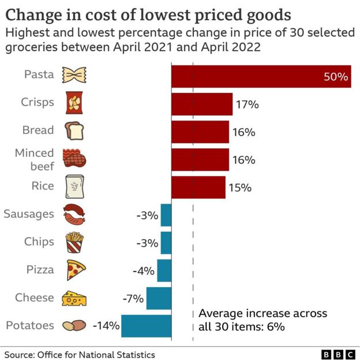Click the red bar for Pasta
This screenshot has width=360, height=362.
coord(261,76)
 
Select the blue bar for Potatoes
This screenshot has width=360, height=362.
coord(146,326)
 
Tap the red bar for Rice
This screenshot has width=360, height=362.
coord(198,187)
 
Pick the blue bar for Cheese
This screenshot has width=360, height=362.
coord(159,298)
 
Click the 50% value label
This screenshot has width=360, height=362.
coord(336,77)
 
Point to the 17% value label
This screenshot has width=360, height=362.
coord(247,104)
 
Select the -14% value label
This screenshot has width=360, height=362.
coord(106,326)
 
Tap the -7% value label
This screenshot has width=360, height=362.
coord(133,298)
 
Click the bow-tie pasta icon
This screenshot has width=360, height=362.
coord(74,76)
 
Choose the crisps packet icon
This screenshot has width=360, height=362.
coord(74,103)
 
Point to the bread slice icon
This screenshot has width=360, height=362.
coord(74,131)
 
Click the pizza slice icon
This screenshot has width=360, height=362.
coord(76,270)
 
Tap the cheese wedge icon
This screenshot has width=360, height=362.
coord(74,298)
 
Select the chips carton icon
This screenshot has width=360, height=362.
coord(74,242)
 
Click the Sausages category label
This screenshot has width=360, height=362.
coord(29,214)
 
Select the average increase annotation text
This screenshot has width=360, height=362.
coord(262,320)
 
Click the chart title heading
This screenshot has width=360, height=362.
coord(148,14)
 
